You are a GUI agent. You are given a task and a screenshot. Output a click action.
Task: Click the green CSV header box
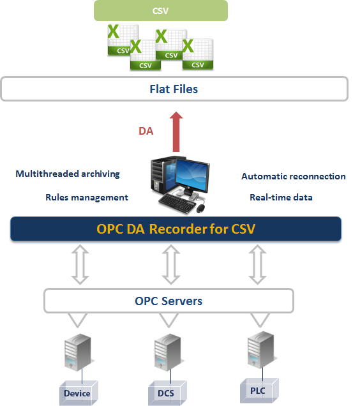pos(161,10)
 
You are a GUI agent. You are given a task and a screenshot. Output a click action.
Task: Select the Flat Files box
pos(174,89)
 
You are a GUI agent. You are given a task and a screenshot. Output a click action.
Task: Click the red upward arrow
pos(176,132)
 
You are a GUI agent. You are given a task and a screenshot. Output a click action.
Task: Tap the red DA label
pos(146,131)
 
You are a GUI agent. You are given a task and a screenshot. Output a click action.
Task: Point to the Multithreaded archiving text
pos(68,174)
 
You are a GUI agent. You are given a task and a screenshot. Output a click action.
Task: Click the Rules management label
pos(87,197)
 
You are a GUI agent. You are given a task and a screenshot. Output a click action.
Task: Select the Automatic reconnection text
pos(294,176)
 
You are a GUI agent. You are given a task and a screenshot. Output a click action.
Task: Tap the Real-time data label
pos(281,197)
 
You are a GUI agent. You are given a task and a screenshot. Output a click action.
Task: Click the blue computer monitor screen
pos(192,175)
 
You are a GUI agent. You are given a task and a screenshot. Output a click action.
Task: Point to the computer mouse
pos(201,208)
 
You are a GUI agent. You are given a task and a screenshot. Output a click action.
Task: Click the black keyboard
pos(177,203)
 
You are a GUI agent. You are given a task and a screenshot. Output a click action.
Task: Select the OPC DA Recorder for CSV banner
pos(176,229)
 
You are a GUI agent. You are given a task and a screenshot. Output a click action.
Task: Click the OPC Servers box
pos(169,301)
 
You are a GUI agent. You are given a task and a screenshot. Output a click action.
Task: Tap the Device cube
pos(79,393)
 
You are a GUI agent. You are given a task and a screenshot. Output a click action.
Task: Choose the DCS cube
pos(167,393)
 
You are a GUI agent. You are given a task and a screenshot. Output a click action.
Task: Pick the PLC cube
pos(259,391)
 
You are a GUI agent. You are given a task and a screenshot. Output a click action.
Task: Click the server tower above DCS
pos(168,352)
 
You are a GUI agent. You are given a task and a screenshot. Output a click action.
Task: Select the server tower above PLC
pos(261,350)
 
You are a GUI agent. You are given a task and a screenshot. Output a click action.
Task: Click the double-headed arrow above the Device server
pos(80,264)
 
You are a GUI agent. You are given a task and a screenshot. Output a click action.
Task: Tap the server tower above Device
pos(78,352)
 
